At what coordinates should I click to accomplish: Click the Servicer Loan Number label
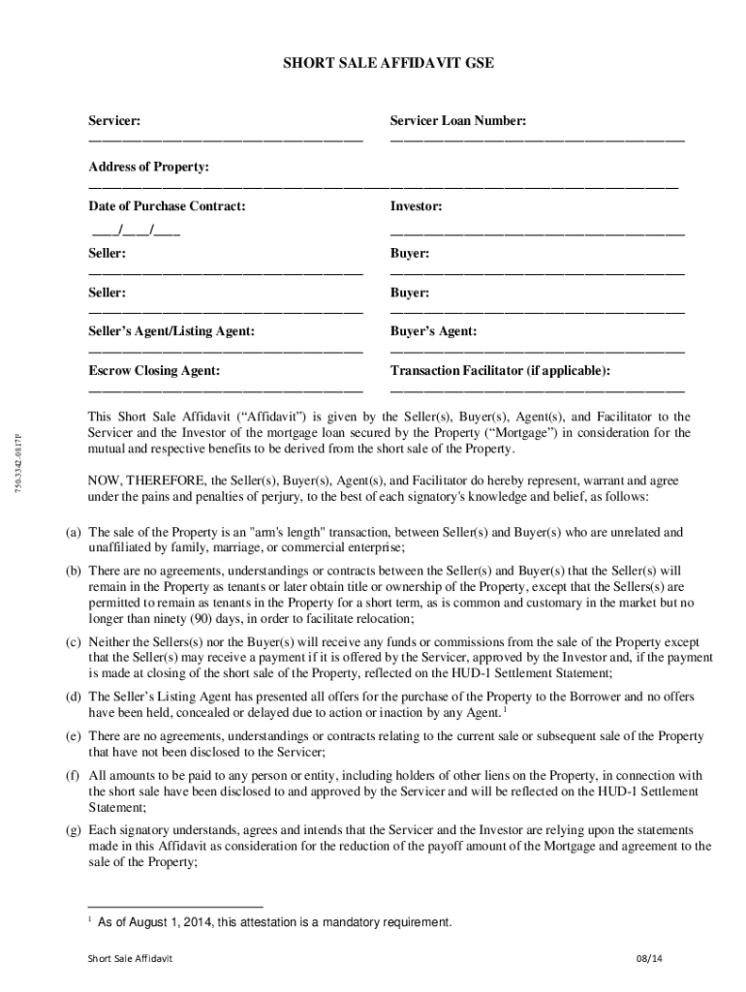(x=458, y=121)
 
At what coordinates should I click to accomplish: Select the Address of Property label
(x=149, y=168)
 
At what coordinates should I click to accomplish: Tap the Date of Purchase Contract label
(x=167, y=206)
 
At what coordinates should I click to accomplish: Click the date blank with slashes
(x=136, y=232)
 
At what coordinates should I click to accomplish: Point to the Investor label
(x=417, y=206)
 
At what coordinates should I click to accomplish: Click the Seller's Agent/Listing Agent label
(x=171, y=331)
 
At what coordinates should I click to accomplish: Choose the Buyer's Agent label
(x=433, y=331)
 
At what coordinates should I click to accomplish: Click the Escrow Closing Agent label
(x=154, y=370)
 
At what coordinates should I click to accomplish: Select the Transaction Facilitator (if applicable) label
(x=500, y=370)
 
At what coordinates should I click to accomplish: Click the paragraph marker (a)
(x=73, y=533)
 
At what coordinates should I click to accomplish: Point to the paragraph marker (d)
(x=73, y=697)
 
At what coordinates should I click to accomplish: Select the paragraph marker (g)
(x=73, y=830)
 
